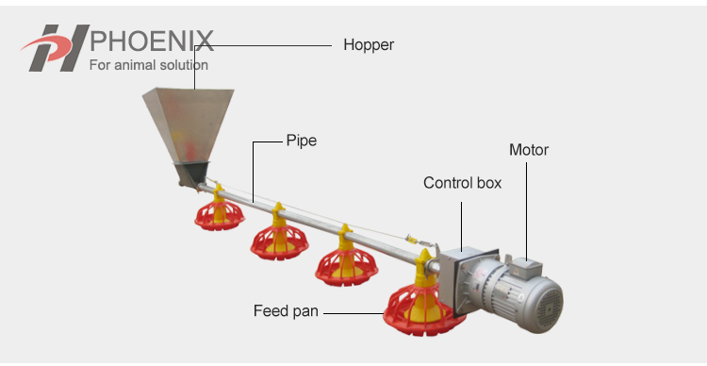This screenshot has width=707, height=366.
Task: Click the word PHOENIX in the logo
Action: pyautogui.click(x=151, y=42)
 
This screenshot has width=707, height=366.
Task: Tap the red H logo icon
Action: pyautogui.click(x=55, y=48)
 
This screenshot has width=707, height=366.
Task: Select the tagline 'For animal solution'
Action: pyautogui.click(x=148, y=66)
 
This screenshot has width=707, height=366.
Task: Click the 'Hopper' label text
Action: pyautogui.click(x=369, y=44)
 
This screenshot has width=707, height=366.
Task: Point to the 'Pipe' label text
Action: pyautogui.click(x=302, y=141)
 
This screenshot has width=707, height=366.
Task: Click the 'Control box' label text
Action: pyautogui.click(x=462, y=183)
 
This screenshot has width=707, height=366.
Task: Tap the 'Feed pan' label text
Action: pyautogui.click(x=286, y=310)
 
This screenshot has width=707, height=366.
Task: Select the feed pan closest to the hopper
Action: pyautogui.click(x=219, y=211)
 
